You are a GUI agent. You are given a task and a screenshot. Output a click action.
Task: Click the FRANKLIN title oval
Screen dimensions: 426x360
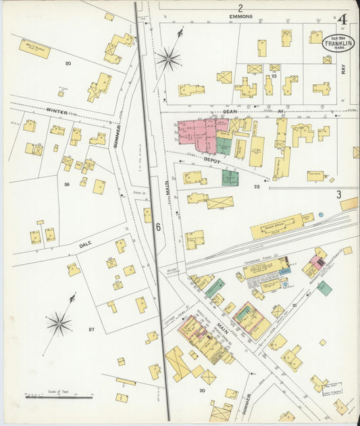click(337, 43)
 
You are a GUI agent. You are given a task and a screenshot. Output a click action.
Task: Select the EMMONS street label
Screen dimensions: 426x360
click(240, 16)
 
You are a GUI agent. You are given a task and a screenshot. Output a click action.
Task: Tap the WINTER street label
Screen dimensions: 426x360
click(57, 110)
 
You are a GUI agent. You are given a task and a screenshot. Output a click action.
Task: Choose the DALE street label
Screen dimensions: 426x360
click(85, 245)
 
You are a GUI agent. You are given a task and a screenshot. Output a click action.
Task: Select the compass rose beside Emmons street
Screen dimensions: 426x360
click(168, 59)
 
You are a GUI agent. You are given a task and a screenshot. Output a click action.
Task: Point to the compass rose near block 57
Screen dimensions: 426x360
click(59, 324)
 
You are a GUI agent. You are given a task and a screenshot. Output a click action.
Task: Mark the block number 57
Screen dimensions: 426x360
click(92, 330)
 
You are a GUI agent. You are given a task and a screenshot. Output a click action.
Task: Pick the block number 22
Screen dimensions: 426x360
click(257, 186)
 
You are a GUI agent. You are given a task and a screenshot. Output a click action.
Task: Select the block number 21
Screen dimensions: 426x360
click(294, 305)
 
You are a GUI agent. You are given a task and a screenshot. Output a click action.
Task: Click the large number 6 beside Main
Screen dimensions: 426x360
click(159, 227)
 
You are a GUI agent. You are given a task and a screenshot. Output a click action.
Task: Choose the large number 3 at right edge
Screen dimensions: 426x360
click(338, 194)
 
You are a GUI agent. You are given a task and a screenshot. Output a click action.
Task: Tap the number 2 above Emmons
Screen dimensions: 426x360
click(240, 7)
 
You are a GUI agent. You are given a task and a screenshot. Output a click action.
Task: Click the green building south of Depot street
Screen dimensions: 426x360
click(230, 178)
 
